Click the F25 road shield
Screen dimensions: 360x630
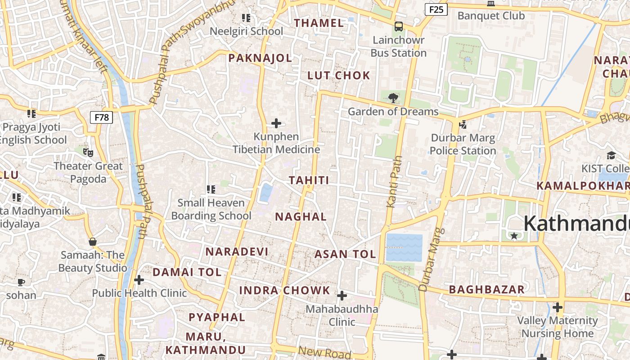[436, 9]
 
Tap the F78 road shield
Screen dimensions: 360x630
[101, 117]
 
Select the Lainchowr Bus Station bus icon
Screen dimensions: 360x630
[398, 27]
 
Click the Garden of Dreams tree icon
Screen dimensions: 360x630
[393, 97]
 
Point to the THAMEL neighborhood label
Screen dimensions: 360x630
[319, 23]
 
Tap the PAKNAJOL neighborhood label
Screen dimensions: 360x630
[260, 58]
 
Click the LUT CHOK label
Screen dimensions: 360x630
[338, 76]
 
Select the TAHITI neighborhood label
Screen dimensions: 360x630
[309, 180]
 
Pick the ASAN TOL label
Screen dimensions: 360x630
[345, 254]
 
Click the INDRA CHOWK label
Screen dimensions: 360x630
[284, 290]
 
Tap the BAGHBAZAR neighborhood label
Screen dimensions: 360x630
[487, 289]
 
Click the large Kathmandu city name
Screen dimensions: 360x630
[576, 224]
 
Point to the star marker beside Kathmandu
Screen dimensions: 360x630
[514, 235]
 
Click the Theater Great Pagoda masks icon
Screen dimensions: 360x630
[88, 153]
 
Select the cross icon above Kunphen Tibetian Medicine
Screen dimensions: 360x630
[276, 123]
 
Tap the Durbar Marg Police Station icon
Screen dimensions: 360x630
[463, 124]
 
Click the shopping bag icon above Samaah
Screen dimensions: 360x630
[93, 242]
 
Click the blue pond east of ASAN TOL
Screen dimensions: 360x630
[404, 247]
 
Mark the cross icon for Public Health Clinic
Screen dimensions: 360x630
[139, 280]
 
